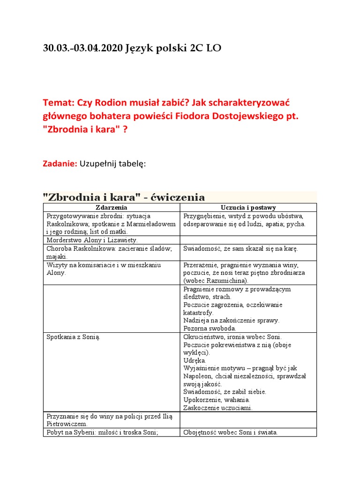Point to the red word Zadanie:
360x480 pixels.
point(60,164)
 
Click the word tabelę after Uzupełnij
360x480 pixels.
point(132,164)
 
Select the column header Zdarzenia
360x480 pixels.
point(111,207)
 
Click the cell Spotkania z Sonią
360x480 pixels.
point(74,337)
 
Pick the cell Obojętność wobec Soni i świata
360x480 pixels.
point(231,432)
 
